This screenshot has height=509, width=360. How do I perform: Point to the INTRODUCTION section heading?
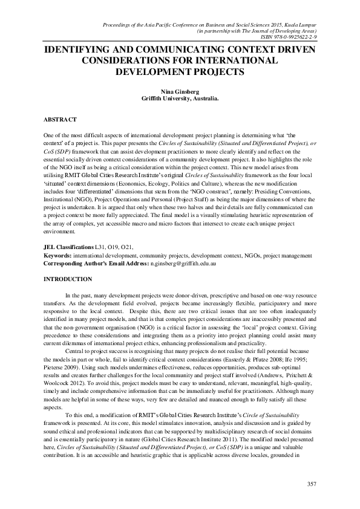coord(68,279)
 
